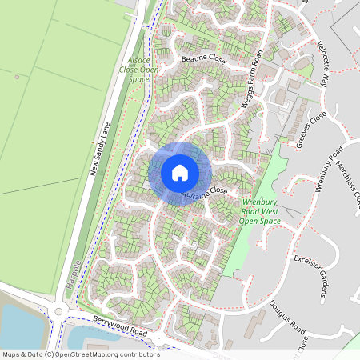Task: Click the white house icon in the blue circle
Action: tap(179, 172)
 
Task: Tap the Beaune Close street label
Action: tap(204, 60)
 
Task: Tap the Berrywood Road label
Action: tap(120, 324)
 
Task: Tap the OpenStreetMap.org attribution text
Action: tap(80, 354)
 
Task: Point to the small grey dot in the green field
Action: tap(17, 77)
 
